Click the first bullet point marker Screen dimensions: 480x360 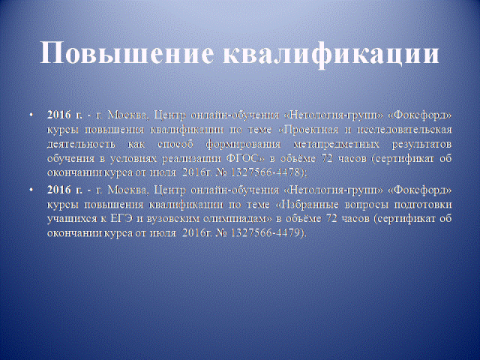31,115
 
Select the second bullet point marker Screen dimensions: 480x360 31,190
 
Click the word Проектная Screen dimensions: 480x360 311,130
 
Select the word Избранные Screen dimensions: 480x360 309,204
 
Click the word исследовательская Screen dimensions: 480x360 404,130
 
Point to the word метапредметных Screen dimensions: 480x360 336,144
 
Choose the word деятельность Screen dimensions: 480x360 81,144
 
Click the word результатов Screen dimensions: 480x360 421,144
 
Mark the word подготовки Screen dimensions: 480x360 423,204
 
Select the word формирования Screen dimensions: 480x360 243,144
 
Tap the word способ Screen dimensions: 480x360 175,144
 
